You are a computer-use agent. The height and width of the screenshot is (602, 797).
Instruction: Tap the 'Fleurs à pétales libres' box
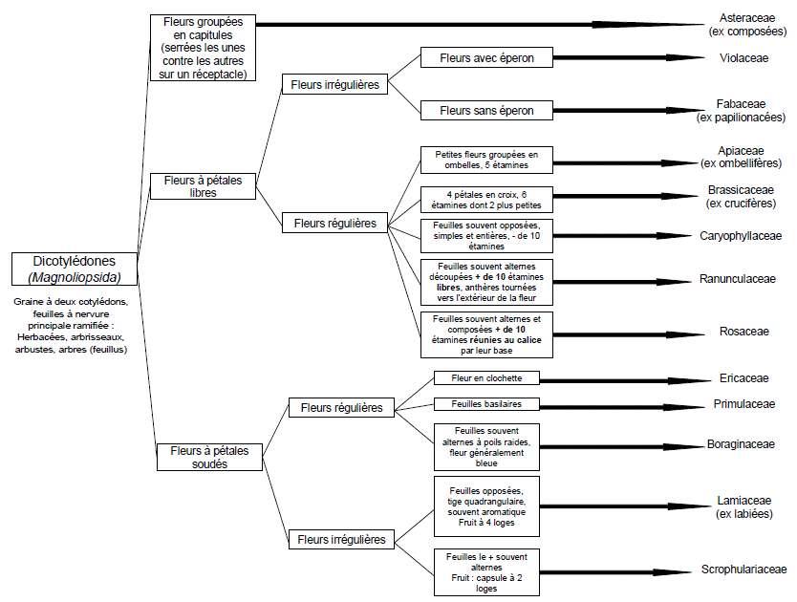[203, 185]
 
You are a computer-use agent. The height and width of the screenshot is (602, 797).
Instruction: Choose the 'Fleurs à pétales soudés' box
[209, 457]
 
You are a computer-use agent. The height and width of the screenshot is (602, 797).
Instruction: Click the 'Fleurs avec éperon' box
[486, 58]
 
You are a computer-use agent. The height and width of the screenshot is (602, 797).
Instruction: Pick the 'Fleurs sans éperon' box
[486, 110]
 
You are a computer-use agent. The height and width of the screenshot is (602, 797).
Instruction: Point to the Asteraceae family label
[742, 18]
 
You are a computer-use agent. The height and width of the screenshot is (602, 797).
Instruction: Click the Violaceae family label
[742, 58]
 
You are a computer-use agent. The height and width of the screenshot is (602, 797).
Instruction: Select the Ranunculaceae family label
[742, 280]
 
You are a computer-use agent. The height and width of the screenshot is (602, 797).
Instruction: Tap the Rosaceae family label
[743, 332]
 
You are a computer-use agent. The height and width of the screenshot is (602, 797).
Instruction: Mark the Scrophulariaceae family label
[743, 569]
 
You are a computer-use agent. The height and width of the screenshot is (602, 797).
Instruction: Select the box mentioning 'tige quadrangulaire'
[486, 506]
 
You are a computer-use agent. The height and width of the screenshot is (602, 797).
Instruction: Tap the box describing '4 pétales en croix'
[486, 199]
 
